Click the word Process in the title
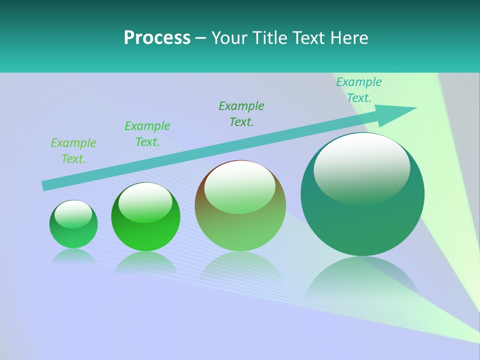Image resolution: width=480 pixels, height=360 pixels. (157, 38)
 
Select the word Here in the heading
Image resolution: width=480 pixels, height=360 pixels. (348, 38)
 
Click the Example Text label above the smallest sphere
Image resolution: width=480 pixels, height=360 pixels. (73, 151)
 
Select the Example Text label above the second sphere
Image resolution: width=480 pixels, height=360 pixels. (147, 134)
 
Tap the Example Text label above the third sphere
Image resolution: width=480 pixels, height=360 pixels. (241, 114)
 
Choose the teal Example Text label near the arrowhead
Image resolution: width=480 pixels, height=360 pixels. (359, 90)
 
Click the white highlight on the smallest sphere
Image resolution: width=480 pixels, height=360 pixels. (73, 213)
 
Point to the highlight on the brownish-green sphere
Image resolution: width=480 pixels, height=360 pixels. (240, 186)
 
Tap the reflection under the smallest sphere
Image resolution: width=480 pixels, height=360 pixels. (73, 256)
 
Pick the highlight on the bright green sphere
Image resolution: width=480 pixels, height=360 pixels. (145, 201)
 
